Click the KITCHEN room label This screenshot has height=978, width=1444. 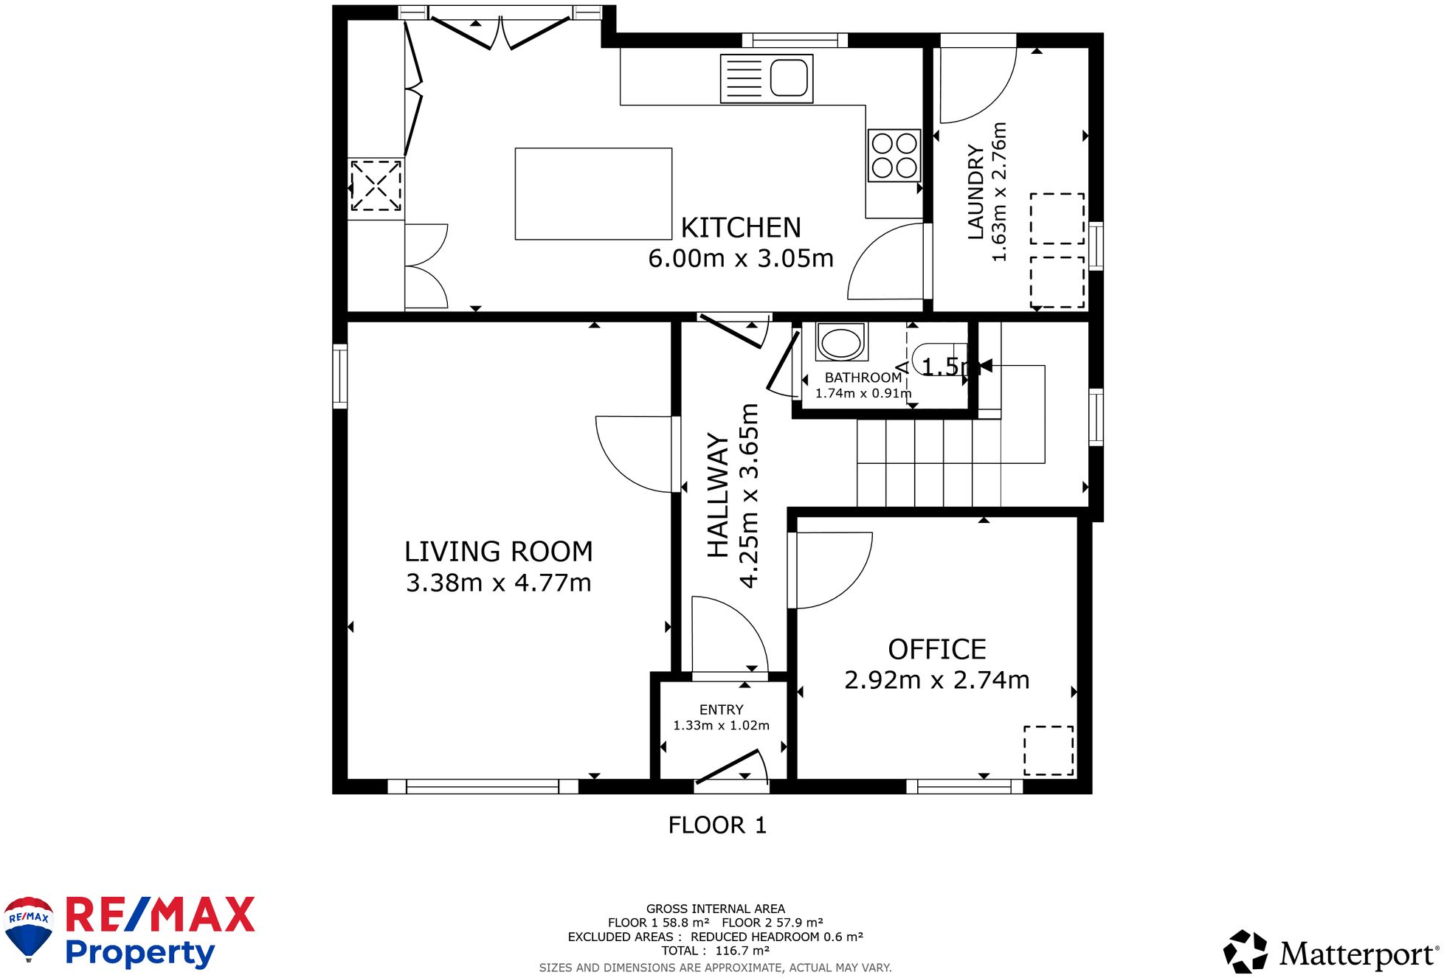click(x=740, y=228)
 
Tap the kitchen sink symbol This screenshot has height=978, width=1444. click(x=767, y=78)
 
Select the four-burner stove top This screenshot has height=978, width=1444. click(x=894, y=156)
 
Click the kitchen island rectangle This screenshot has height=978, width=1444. click(x=593, y=194)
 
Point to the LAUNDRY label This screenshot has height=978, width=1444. click(x=975, y=193)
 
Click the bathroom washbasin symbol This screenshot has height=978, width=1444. click(x=841, y=343)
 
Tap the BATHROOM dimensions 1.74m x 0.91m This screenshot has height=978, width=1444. click(x=863, y=394)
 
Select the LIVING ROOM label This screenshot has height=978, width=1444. click(x=498, y=552)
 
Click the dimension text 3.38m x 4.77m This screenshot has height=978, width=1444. click(x=498, y=583)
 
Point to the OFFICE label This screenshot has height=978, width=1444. click(x=936, y=649)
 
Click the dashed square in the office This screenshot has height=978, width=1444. click(x=1049, y=750)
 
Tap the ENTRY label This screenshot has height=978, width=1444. click(x=721, y=710)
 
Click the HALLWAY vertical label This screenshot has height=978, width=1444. click(x=718, y=495)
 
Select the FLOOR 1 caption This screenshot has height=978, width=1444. click(x=717, y=825)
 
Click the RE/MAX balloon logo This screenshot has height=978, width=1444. click(x=29, y=927)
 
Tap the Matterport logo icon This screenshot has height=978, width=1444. click(x=1245, y=952)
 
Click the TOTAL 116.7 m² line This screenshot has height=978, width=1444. click(x=715, y=951)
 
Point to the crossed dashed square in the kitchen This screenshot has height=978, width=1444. click(x=376, y=185)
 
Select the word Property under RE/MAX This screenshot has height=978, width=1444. click(x=139, y=953)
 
